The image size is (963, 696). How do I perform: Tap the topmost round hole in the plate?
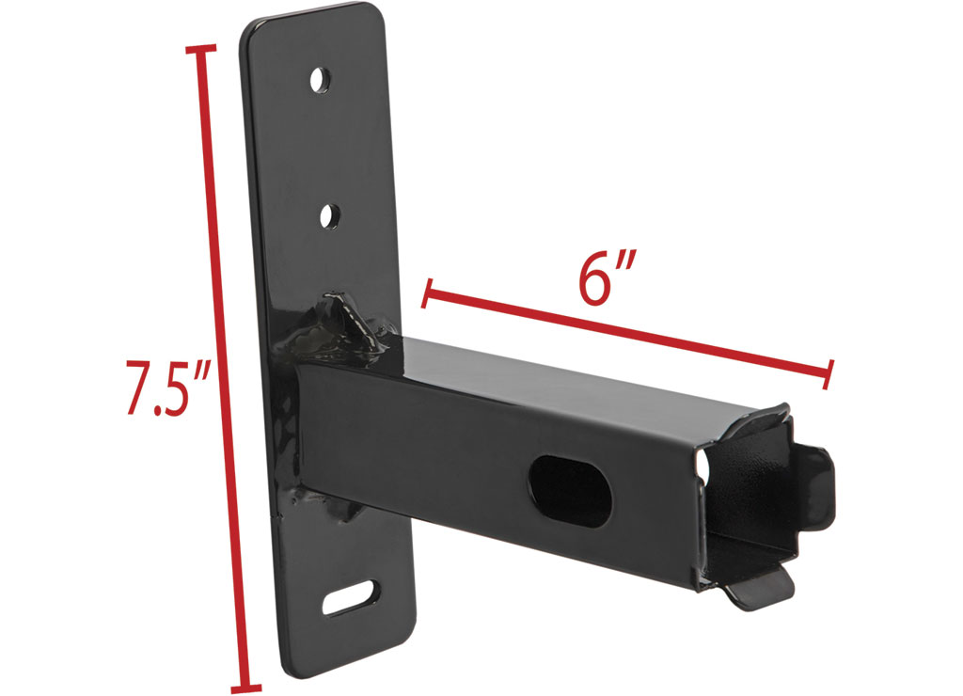320,80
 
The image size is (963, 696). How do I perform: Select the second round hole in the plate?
331,216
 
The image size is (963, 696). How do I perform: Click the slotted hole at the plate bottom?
351,597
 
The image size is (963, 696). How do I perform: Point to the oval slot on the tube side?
571,490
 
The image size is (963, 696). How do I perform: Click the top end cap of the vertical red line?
201,49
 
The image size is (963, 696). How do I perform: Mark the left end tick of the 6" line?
428,293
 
